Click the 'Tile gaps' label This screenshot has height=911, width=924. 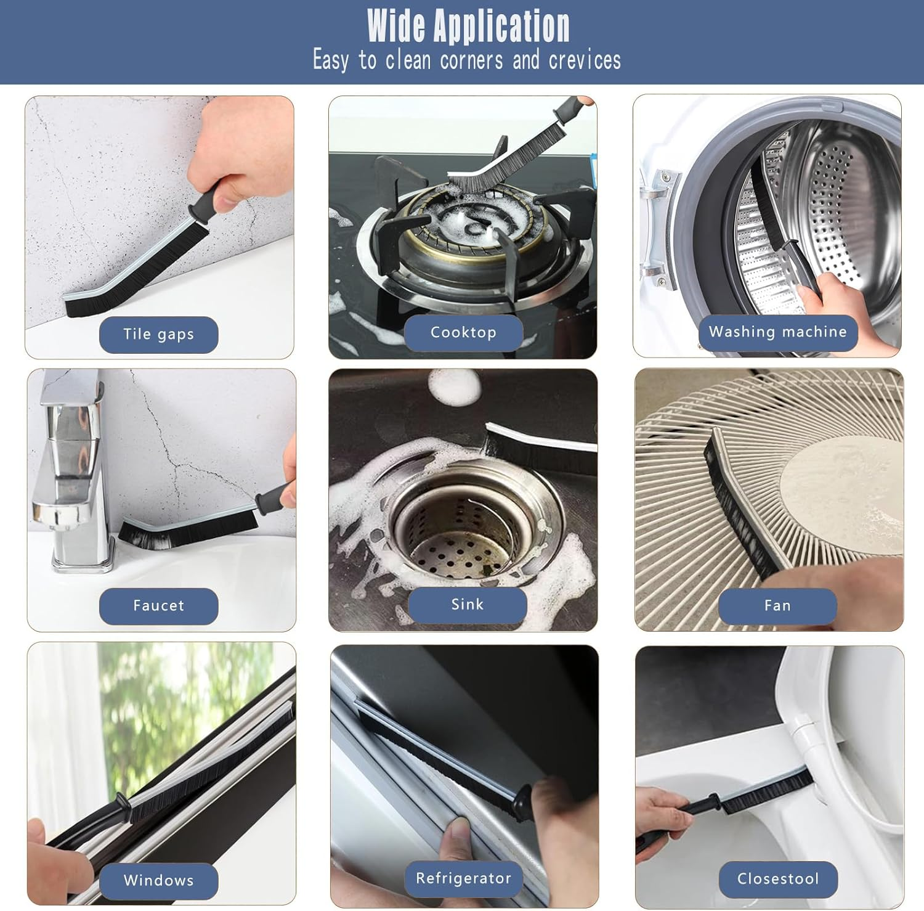(158, 335)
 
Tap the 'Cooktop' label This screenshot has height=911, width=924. (463, 333)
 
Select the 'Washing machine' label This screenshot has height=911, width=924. (778, 332)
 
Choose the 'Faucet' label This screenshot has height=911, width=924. (158, 606)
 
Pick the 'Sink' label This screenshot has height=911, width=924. (468, 605)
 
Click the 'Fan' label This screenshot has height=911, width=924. (777, 606)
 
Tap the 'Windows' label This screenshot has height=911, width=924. (158, 881)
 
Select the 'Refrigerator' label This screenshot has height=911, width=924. (463, 879)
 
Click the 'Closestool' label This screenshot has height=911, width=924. (778, 879)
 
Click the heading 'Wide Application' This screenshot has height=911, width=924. (468, 26)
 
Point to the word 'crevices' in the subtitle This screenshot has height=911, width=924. (585, 60)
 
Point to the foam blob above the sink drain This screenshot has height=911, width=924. (455, 387)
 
